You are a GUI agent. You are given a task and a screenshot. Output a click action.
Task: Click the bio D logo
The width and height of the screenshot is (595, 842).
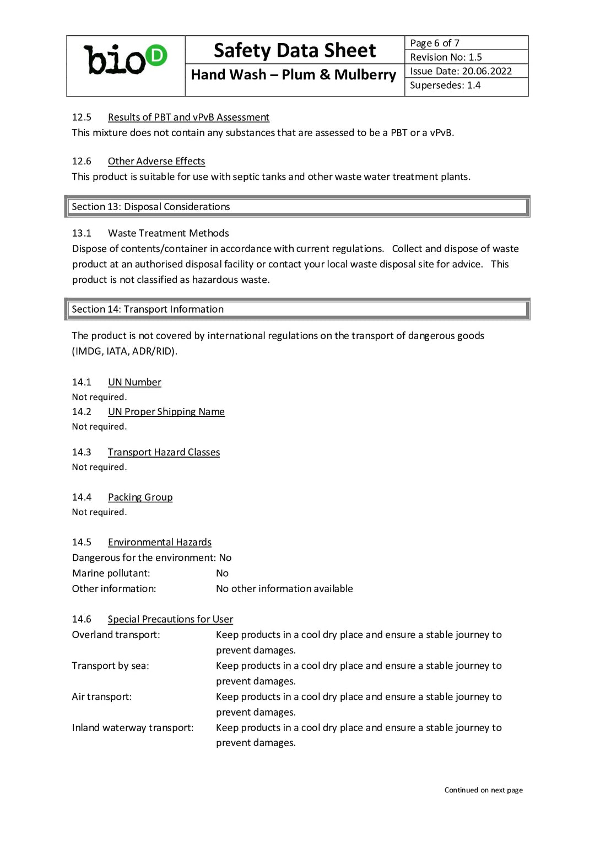click(x=125, y=60)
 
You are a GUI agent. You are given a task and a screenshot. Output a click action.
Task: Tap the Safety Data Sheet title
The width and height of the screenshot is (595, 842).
click(x=295, y=50)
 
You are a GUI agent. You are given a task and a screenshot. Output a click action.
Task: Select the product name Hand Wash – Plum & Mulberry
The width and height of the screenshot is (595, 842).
click(x=293, y=74)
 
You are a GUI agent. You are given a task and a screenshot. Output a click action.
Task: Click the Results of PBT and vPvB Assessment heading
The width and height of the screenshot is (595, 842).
click(x=188, y=117)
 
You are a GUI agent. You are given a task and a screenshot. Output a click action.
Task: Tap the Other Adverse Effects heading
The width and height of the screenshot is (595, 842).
click(x=156, y=161)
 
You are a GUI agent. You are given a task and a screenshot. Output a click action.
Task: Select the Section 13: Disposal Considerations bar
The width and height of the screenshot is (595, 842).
click(x=297, y=207)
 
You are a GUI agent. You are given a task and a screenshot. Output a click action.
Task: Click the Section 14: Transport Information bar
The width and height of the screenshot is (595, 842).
click(x=297, y=309)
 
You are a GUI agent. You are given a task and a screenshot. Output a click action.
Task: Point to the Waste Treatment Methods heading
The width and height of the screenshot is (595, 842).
click(x=168, y=233)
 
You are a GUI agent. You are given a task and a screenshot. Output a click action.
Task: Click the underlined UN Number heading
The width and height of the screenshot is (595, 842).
click(x=134, y=382)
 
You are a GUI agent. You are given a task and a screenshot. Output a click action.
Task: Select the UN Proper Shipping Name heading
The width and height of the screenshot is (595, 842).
click(x=166, y=412)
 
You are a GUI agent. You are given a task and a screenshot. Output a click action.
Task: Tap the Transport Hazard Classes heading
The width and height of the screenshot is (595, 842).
click(x=164, y=452)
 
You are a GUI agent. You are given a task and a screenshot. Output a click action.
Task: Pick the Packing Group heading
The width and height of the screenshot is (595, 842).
click(x=140, y=497)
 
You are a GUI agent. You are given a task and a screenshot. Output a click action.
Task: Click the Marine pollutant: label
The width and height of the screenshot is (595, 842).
click(x=111, y=573)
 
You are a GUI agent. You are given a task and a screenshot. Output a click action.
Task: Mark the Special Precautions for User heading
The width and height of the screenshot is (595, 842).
click(x=170, y=619)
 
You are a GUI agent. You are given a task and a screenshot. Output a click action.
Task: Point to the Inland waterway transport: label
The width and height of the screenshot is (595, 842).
click(x=133, y=728)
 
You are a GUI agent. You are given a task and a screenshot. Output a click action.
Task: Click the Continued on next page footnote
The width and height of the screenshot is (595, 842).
click(x=483, y=790)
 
